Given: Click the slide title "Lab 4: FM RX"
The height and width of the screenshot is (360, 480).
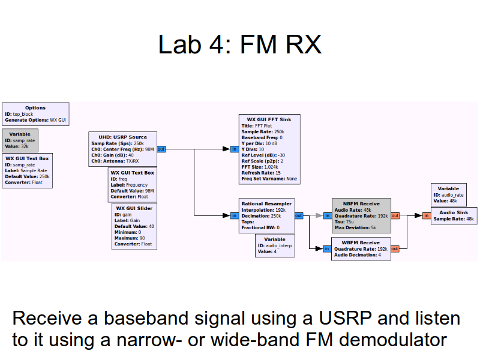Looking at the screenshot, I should (239, 45).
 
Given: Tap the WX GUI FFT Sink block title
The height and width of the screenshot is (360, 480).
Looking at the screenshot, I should (269, 119).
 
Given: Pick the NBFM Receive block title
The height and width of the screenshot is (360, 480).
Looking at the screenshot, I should (361, 204).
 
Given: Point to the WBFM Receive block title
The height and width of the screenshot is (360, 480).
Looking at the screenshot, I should (361, 243).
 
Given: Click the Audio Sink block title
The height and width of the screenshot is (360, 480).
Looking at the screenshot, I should (454, 212).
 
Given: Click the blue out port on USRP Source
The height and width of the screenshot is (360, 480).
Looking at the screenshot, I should (161, 149).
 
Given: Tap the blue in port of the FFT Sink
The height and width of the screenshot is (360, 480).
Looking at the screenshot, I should (234, 149).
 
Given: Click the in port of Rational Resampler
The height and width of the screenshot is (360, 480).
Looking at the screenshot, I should (234, 215).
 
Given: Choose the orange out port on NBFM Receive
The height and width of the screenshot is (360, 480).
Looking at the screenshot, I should (395, 215).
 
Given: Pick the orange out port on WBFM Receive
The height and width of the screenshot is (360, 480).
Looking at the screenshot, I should (395, 248).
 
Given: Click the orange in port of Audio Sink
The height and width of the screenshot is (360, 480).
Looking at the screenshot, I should (426, 215).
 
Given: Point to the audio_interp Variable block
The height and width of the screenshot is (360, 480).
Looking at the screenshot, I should (275, 245).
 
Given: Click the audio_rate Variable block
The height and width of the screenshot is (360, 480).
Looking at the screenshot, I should (448, 195).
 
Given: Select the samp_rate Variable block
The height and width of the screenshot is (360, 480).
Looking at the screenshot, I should (20, 140).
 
